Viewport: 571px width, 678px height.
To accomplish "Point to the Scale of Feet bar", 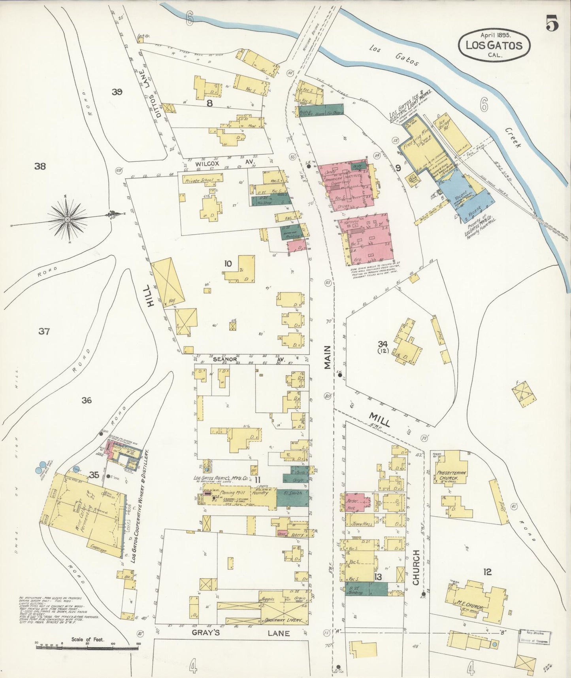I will (x=87, y=648).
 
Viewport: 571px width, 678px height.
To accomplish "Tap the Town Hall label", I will (x=360, y=523).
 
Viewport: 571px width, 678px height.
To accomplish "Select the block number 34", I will (x=382, y=344).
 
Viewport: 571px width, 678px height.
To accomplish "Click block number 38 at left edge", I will (x=40, y=166).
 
